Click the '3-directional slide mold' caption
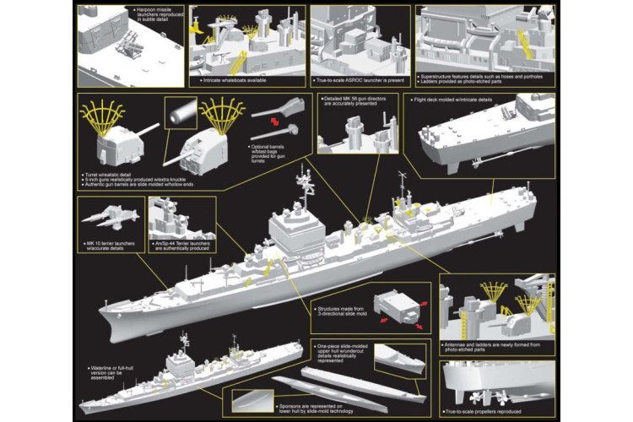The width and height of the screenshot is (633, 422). click(x=341, y=313)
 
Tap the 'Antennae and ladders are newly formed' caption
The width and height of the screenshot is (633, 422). click(x=495, y=348)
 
